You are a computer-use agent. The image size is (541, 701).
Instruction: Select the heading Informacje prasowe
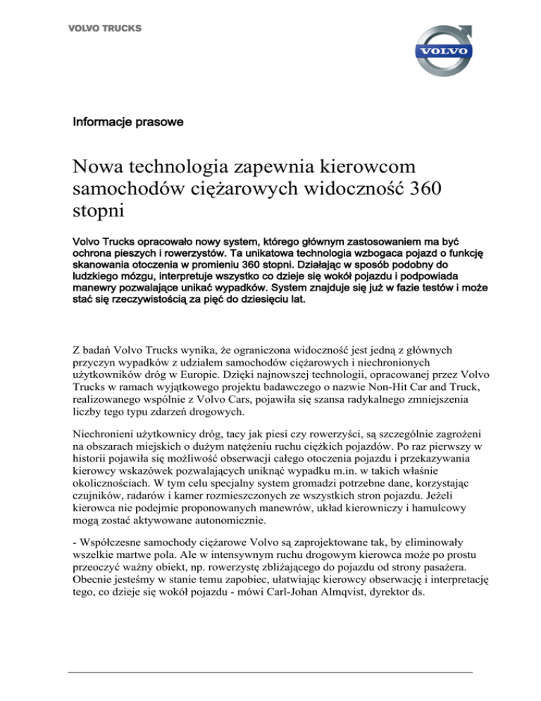128,122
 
